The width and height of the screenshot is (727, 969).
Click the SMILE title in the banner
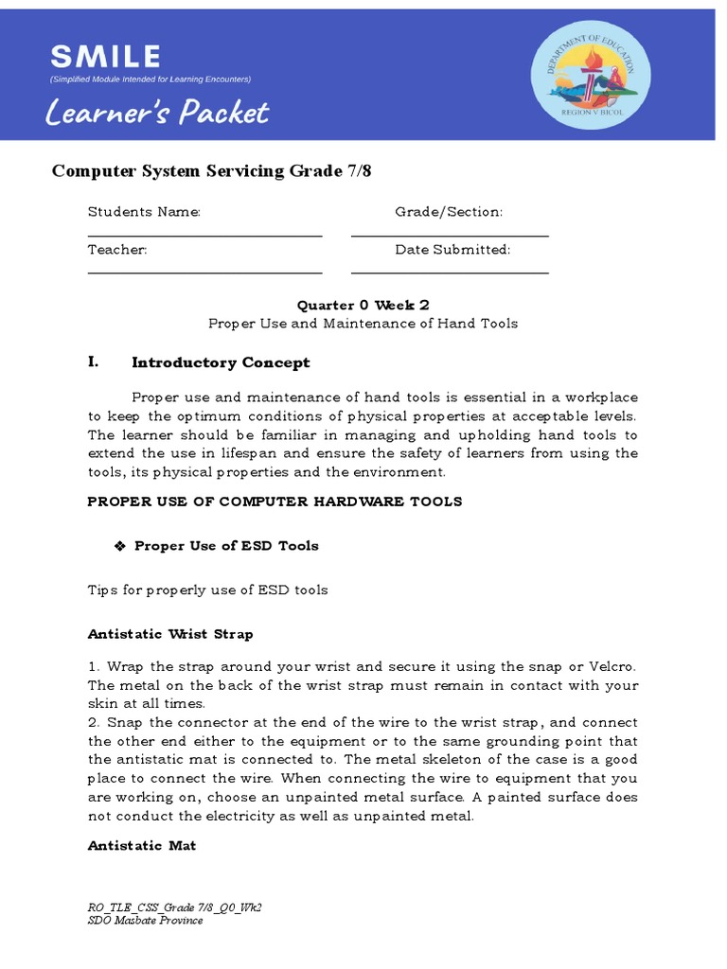point(105,56)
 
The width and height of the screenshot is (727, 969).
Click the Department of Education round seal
point(589,76)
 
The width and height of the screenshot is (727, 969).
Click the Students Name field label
point(144,212)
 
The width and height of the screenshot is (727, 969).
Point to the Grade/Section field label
point(449,212)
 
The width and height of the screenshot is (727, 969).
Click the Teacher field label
point(117,250)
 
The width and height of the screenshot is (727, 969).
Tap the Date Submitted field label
point(452,250)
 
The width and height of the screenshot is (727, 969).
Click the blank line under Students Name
point(204,236)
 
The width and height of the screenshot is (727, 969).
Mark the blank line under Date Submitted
point(450,273)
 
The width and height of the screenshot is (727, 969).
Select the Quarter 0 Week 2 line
point(363,305)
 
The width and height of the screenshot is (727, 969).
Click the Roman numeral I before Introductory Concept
point(93,362)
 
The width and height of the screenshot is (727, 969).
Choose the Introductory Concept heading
point(221,362)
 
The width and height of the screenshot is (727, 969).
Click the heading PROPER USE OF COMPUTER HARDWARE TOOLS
point(275,502)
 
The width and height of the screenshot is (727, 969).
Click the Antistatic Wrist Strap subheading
point(170,634)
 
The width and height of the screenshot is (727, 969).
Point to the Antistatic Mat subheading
point(142,845)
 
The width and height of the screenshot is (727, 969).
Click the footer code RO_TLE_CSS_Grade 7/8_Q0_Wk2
point(174,907)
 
